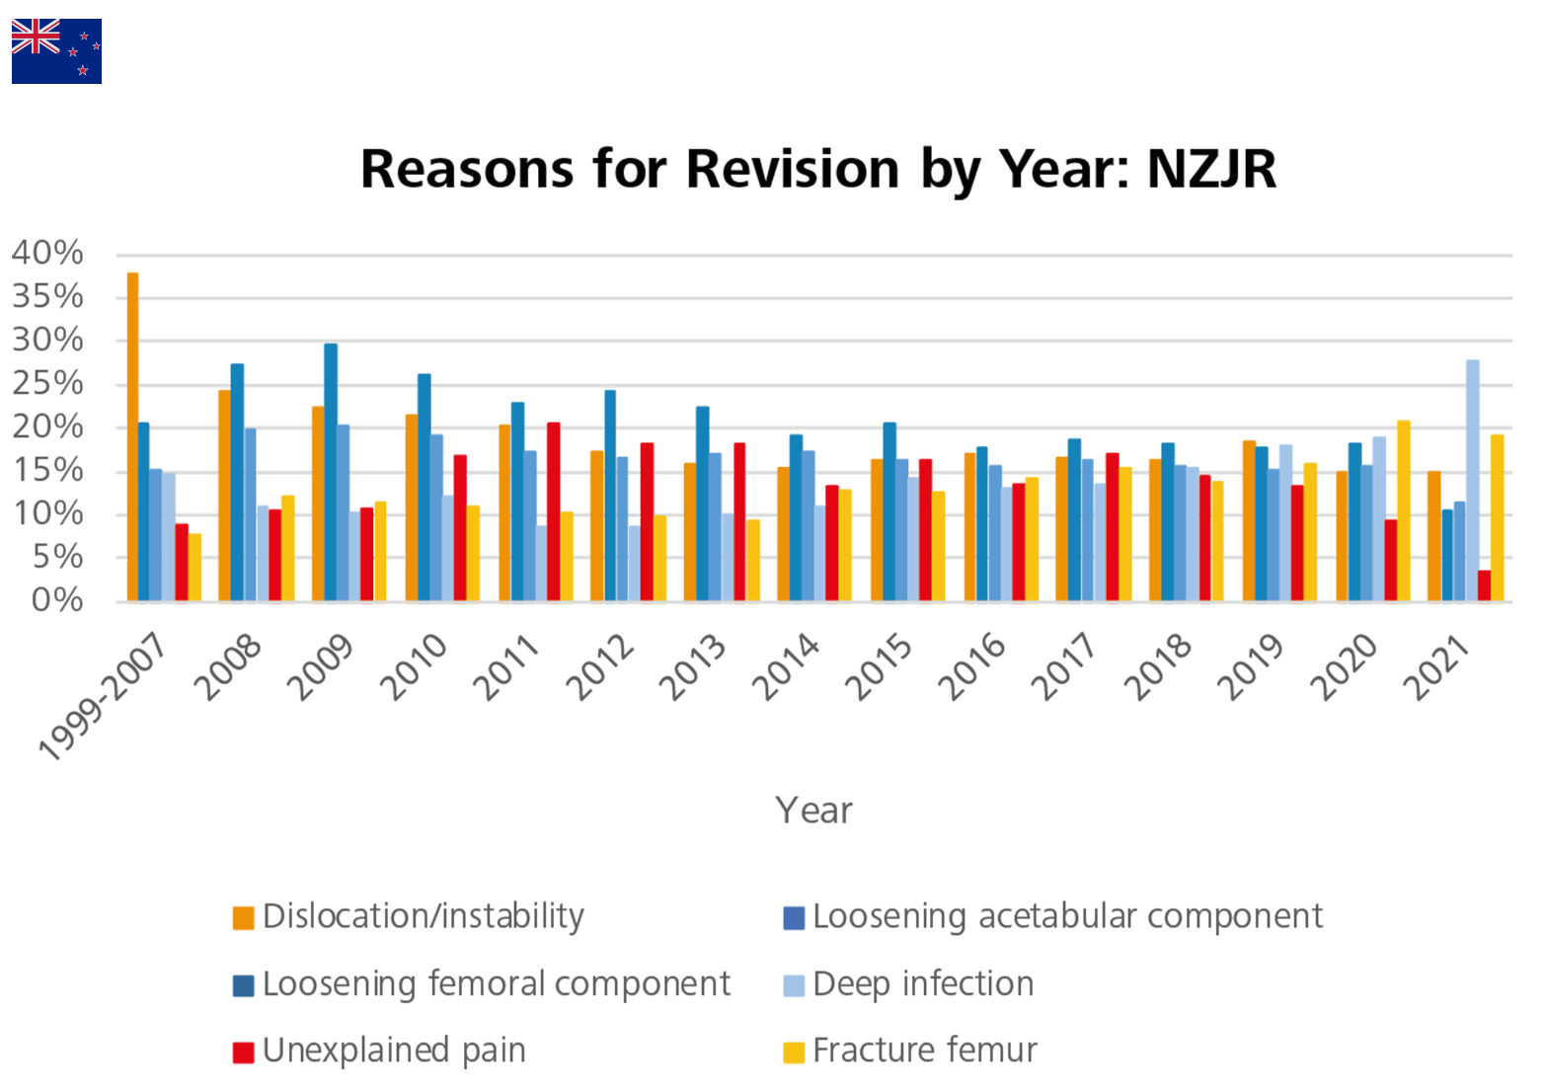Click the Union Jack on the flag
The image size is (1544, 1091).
[x=36, y=37]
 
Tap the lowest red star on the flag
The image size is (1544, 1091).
[x=83, y=70]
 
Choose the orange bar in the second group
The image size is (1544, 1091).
[x=219, y=494]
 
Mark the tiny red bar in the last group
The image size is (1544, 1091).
[x=1484, y=584]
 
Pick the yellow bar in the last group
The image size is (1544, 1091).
[x=1500, y=513]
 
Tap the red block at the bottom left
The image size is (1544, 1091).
[x=135, y=1044]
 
